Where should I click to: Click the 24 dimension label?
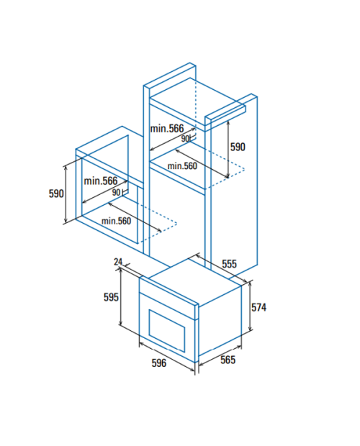click(118, 261)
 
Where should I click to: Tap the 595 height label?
click(111, 297)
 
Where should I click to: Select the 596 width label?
click(159, 363)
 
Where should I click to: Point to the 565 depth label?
click(228, 360)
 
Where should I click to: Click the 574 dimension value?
click(258, 307)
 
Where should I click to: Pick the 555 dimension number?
click(229, 264)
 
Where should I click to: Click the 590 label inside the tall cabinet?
click(238, 147)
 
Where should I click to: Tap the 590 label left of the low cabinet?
click(56, 194)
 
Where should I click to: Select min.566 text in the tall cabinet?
click(167, 129)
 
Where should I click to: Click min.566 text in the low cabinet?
click(101, 181)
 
